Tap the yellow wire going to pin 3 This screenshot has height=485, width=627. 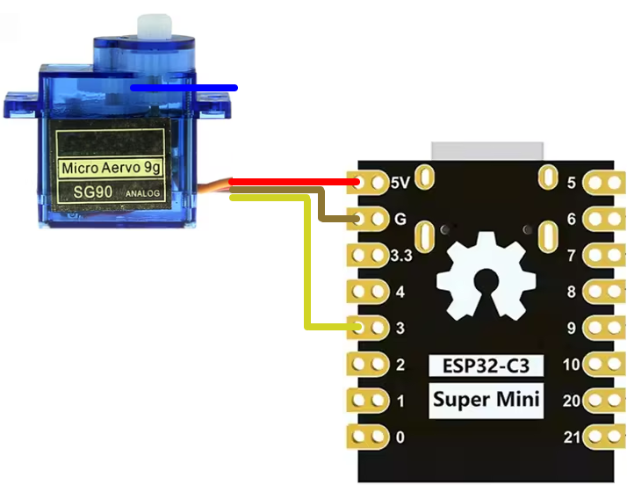pyautogui.click(x=307, y=264)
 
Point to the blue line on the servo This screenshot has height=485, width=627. pyautogui.click(x=184, y=88)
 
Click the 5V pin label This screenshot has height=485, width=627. pyautogui.click(x=400, y=183)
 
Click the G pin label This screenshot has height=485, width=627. pyautogui.click(x=400, y=219)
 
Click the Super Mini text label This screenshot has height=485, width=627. pyautogui.click(x=486, y=402)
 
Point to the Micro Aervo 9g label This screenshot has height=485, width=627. pyautogui.click(x=111, y=167)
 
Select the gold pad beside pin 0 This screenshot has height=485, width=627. pyautogui.click(x=370, y=436)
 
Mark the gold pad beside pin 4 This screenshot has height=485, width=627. pyautogui.click(x=370, y=292)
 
